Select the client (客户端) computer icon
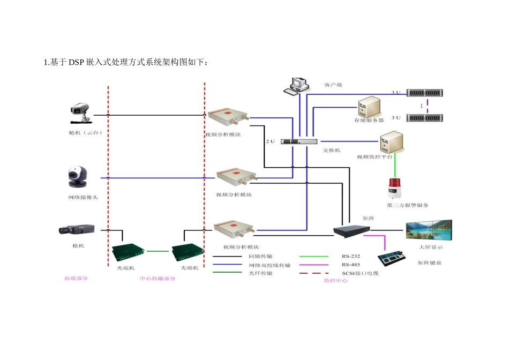297,86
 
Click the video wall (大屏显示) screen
429,230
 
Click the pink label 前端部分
76,279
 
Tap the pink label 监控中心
336,280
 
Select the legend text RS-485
350,265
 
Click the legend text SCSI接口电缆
360,273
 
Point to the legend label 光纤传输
260,273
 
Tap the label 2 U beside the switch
270,142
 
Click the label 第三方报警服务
407,205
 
